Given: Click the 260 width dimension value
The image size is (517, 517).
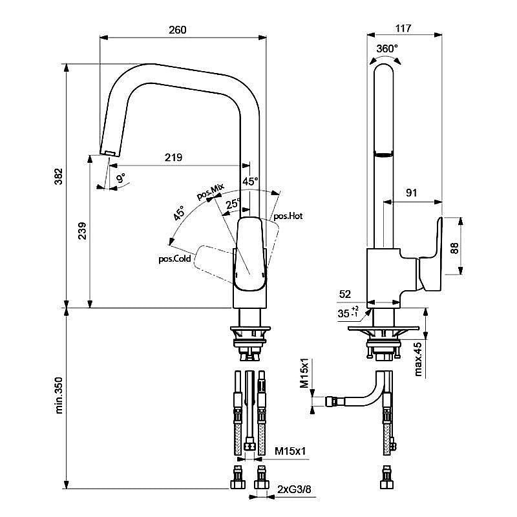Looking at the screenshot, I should (177, 30).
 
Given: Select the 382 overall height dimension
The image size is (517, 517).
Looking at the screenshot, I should (58, 176).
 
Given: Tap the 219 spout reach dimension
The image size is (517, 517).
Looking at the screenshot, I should (173, 157).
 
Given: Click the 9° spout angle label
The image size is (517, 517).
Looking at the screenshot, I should (120, 176).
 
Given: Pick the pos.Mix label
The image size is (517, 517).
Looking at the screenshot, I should (211, 191).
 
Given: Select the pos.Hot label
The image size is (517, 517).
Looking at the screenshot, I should (288, 216).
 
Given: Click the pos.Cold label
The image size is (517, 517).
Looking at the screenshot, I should (174, 259).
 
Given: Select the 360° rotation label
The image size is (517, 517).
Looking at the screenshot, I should (386, 48).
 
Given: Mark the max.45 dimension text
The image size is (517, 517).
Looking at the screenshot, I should (418, 359).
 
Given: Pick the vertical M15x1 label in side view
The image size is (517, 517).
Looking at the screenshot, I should (304, 374).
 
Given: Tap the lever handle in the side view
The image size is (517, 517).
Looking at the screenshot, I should (430, 252).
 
